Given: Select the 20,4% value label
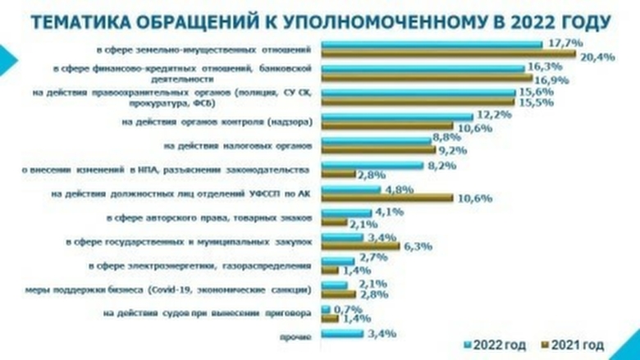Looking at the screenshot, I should (x=597, y=57).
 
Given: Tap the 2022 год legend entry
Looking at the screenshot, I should (x=497, y=344).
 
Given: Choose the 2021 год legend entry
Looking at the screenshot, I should (x=578, y=344).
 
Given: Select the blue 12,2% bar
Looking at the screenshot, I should (x=397, y=117).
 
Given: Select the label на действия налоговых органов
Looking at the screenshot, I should (x=237, y=147).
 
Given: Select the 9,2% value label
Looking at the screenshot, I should (x=456, y=151).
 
